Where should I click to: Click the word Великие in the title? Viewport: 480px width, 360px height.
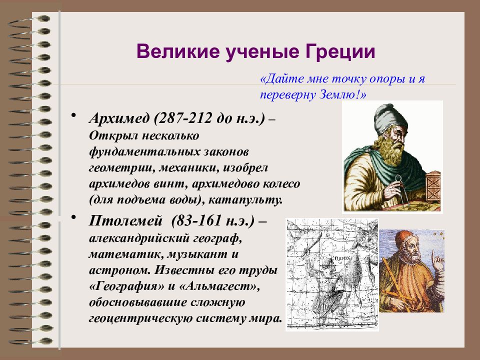(178, 51)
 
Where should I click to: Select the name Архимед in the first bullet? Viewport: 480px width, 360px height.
(119, 118)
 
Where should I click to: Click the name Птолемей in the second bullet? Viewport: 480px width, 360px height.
(125, 220)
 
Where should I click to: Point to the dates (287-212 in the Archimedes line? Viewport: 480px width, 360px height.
(183, 118)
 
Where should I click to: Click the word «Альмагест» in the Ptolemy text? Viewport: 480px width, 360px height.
(218, 286)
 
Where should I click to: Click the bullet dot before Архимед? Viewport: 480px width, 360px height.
(73, 115)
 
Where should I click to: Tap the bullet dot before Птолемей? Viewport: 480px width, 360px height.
(73, 217)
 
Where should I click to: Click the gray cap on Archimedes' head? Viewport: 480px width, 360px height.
(390, 119)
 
